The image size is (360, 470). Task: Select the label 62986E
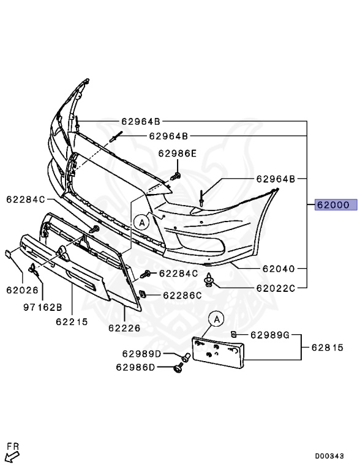(x=177, y=154)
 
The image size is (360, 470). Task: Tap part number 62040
(x=279, y=269)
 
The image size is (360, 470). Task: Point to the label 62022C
(x=276, y=288)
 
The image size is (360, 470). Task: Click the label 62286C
(x=182, y=296)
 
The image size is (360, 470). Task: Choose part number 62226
(x=124, y=328)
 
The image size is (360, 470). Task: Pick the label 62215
(x=72, y=322)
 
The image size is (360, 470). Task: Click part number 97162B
(x=43, y=307)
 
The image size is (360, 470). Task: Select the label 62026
(x=23, y=290)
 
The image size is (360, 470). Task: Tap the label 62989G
(x=270, y=335)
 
